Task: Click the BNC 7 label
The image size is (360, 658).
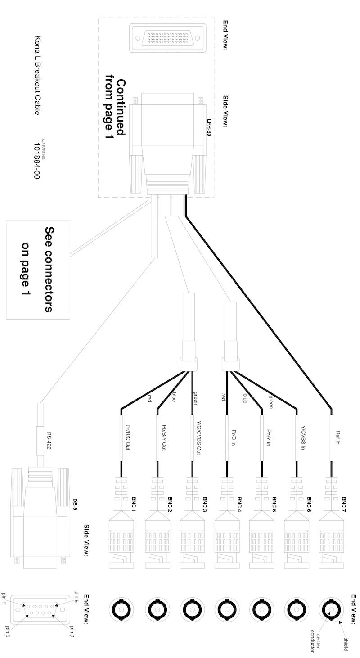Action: tap(343, 505)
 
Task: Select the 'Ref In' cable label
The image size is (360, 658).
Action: tap(337, 437)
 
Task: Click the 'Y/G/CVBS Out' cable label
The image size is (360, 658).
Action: tap(198, 437)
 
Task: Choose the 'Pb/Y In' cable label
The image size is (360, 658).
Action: tap(268, 437)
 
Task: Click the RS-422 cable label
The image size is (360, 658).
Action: tap(49, 441)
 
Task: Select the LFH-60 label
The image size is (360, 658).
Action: tap(209, 127)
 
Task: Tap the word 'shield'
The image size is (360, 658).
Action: tap(346, 644)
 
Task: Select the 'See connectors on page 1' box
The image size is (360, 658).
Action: tap(38, 270)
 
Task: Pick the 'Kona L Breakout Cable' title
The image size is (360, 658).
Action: tap(37, 75)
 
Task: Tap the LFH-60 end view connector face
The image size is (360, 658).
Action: tap(168, 38)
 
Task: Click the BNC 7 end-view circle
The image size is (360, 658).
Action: tap(331, 610)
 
